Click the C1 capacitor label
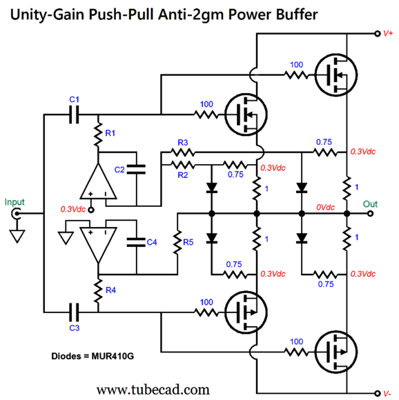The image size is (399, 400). coord(75,101)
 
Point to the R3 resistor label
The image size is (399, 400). coord(183,142)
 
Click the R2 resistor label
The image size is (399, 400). coord(183,176)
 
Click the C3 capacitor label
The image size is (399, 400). coord(75,328)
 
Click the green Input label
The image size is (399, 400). coord(14,202)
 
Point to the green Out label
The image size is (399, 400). coord(371,203)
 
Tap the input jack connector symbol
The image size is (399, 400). coord(15,214)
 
